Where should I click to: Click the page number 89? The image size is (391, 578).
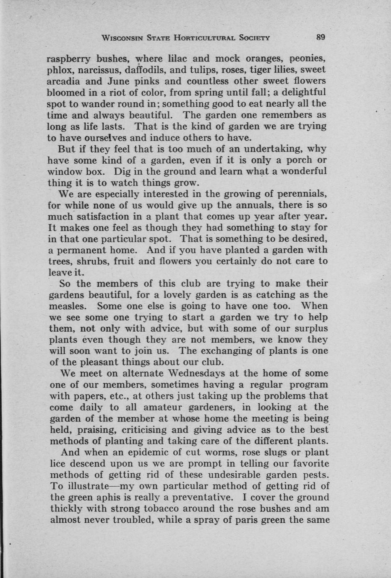(x=321, y=37)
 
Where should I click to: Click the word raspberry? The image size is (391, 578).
(x=68, y=58)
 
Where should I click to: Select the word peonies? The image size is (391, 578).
(x=307, y=58)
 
